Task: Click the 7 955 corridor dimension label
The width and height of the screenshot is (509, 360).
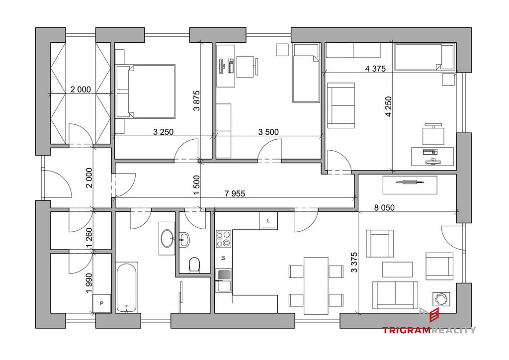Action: click(x=235, y=194)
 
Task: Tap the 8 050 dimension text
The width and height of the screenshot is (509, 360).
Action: click(x=384, y=207)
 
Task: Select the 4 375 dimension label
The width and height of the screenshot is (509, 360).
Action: click(x=375, y=69)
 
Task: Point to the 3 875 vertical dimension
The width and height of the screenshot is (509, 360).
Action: click(x=197, y=100)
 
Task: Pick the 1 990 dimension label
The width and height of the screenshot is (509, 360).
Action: click(x=89, y=283)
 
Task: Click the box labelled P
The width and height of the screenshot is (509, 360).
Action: click(x=101, y=303)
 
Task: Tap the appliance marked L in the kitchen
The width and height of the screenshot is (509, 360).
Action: click(x=268, y=221)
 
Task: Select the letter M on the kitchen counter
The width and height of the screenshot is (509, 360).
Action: click(x=223, y=258)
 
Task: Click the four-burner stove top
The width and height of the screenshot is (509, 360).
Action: click(x=223, y=239)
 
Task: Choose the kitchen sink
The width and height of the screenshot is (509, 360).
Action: click(x=223, y=280)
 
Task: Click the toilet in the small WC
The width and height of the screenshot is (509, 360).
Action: click(x=194, y=265)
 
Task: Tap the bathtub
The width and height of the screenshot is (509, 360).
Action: click(x=127, y=287)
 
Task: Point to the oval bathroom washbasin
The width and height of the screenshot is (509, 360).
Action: click(x=168, y=238)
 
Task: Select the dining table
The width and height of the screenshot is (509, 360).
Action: click(x=316, y=285)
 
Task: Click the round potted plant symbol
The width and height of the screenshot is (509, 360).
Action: click(x=441, y=298)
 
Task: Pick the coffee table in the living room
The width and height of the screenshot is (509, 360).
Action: click(x=397, y=270)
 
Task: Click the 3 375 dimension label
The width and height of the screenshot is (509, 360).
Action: click(x=354, y=262)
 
